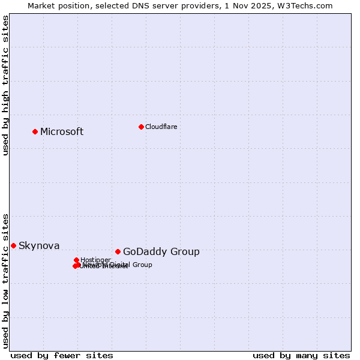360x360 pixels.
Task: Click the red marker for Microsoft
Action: (x=35, y=131)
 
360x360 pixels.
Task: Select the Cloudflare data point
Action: (x=141, y=127)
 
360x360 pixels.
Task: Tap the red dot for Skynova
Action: (x=13, y=245)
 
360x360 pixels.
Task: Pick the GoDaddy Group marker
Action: (x=118, y=251)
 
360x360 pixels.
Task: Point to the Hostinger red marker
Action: (x=76, y=260)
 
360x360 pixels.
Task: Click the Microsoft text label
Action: (x=62, y=132)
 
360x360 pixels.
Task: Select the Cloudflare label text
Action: (x=161, y=127)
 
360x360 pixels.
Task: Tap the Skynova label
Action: (x=39, y=246)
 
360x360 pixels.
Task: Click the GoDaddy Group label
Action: (x=161, y=252)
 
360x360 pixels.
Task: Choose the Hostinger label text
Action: (x=95, y=260)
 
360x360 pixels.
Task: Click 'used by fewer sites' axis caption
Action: (x=62, y=355)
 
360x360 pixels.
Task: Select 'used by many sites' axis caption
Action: (x=301, y=355)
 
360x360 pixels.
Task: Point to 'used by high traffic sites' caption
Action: (x=6, y=85)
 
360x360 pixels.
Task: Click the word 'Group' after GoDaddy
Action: (x=186, y=252)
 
